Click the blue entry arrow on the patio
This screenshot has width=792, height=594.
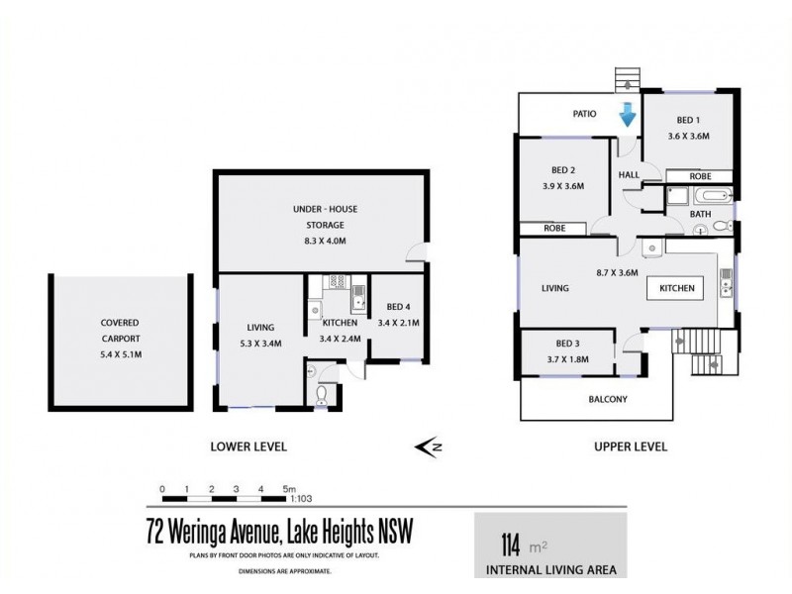pyautogui.click(x=627, y=117)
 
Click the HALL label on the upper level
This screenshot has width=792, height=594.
pyautogui.click(x=629, y=174)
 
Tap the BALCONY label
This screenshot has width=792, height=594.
pyautogui.click(x=603, y=400)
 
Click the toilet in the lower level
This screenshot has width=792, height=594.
pyautogui.click(x=320, y=396)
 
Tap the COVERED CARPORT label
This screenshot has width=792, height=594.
pyautogui.click(x=119, y=330)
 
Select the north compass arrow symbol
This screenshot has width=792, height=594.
pyautogui.click(x=429, y=447)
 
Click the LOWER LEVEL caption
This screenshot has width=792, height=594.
pyautogui.click(x=248, y=447)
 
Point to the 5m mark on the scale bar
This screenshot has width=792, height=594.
pyautogui.click(x=288, y=488)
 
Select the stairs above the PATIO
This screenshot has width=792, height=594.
pyautogui.click(x=627, y=78)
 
